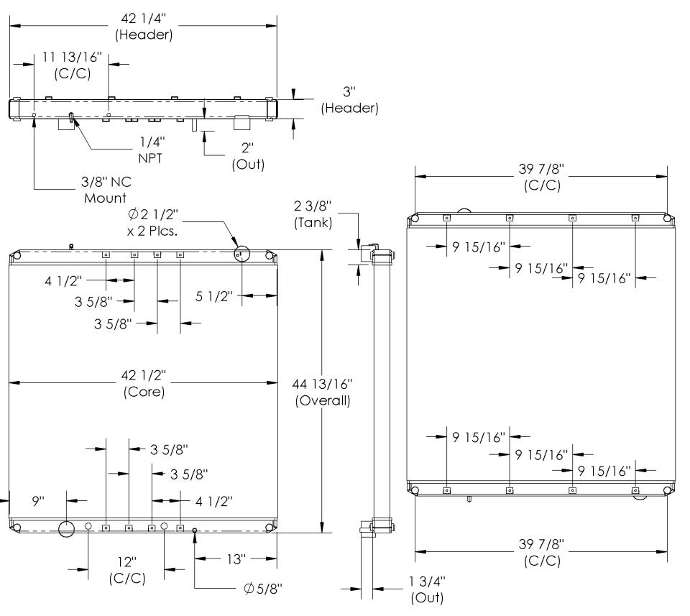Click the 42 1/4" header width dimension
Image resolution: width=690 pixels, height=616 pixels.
click(144, 26)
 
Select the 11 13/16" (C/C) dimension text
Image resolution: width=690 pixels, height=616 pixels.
click(72, 65)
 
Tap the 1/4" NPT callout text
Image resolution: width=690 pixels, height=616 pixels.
click(151, 150)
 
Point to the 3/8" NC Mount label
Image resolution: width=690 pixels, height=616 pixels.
click(106, 190)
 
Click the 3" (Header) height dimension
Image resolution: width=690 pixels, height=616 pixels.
click(349, 100)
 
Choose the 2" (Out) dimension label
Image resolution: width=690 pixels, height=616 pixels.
click(248, 156)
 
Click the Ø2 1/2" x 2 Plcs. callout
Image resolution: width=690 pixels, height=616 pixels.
click(152, 222)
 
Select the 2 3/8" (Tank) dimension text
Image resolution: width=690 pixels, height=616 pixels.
click(313, 214)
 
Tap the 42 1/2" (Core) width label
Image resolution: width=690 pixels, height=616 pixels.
click(144, 383)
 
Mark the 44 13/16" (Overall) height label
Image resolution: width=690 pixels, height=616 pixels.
click(323, 392)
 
